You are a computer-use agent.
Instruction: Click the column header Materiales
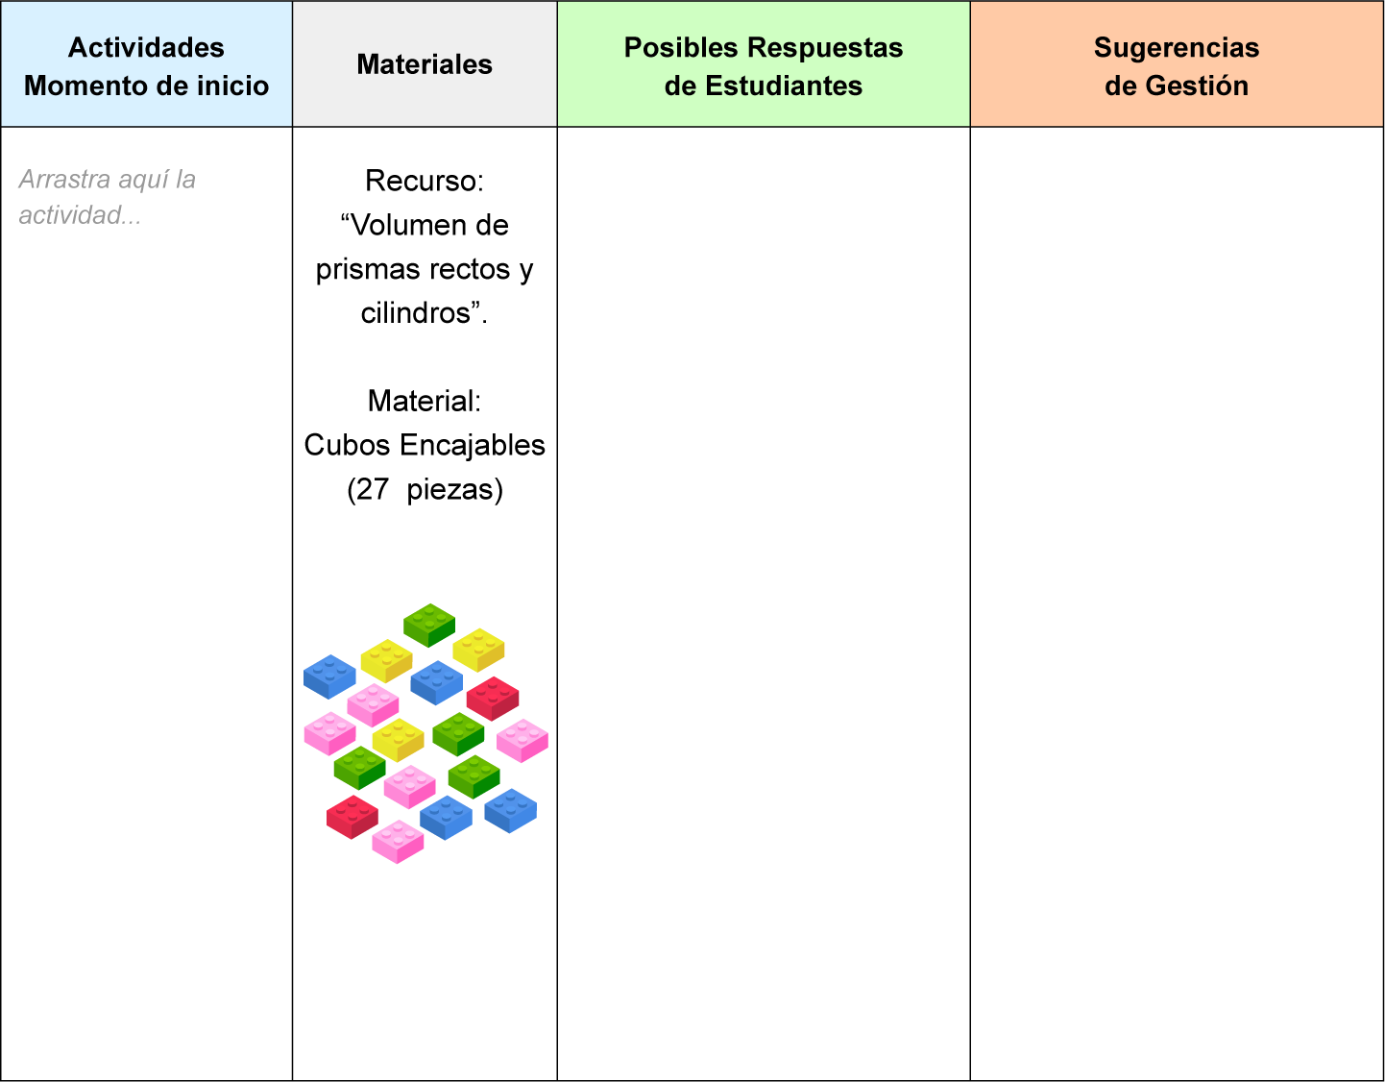click(425, 64)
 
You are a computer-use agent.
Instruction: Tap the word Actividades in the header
click(146, 48)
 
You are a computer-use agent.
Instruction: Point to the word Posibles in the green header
click(681, 48)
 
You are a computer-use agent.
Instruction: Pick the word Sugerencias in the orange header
click(1177, 49)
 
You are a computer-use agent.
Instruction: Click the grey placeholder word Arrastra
click(64, 180)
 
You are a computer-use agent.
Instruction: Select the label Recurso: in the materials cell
click(425, 181)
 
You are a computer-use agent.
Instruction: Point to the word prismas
click(359, 270)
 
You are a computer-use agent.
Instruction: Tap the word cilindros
click(420, 313)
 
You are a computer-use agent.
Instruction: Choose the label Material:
click(425, 401)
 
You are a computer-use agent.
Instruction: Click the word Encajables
click(473, 446)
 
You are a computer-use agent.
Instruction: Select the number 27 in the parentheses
click(373, 490)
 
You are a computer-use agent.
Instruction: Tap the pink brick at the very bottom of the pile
click(398, 842)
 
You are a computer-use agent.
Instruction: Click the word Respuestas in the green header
click(825, 49)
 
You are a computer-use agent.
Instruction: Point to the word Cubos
click(348, 446)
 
